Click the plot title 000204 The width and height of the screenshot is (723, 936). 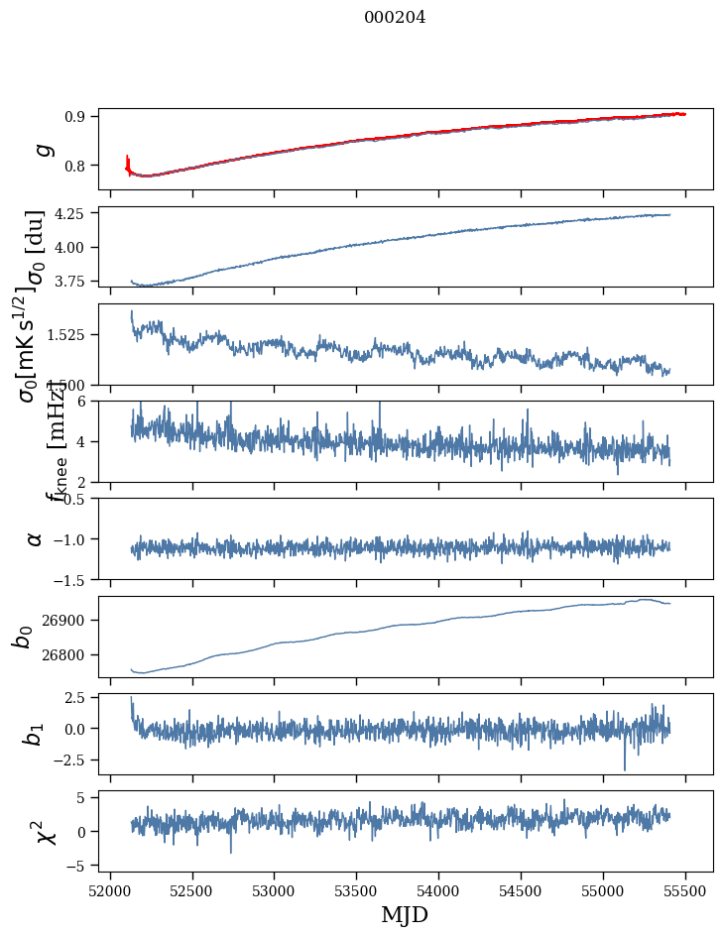pos(395,17)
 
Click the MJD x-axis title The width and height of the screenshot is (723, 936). pos(405,914)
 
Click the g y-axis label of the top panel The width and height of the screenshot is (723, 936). pos(42,149)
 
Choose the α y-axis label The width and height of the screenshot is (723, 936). pos(35,537)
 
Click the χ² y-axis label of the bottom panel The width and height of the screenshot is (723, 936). pos(45,831)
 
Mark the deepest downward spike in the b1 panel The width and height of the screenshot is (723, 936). pos(625,769)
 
